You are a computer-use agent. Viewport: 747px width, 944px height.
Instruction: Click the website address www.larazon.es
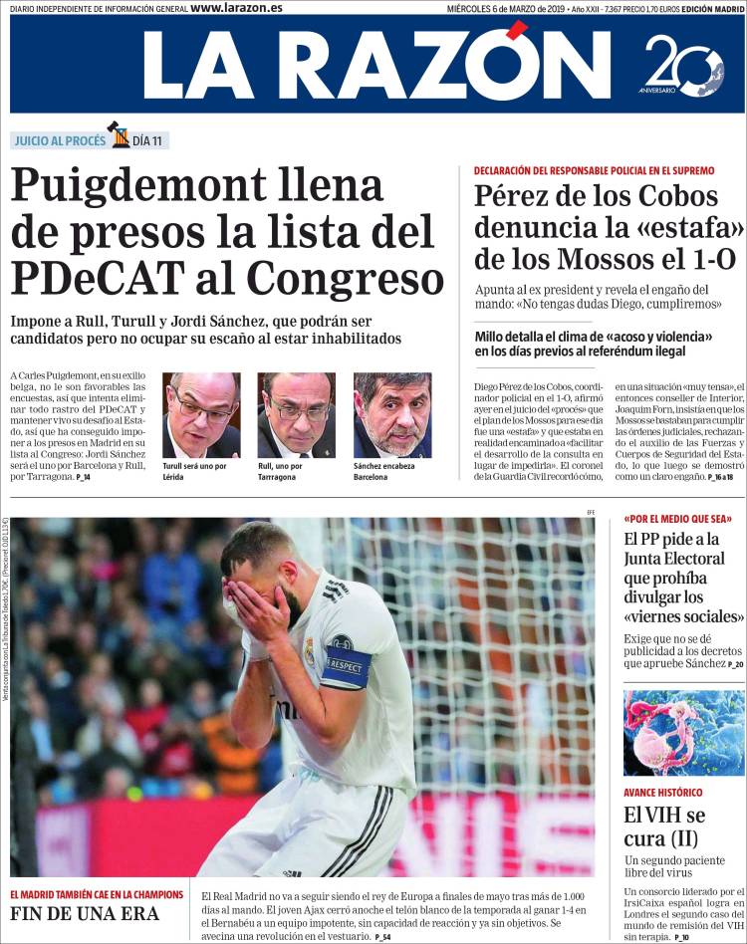point(236,8)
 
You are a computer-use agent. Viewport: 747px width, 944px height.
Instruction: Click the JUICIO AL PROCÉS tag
point(59,140)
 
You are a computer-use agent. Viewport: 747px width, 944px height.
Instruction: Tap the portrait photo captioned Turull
point(201,415)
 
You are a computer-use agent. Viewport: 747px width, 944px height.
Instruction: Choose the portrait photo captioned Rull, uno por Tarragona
point(296,415)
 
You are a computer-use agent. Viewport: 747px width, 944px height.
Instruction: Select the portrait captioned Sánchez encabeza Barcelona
point(392,415)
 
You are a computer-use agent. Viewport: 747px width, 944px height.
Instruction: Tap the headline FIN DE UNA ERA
point(85,914)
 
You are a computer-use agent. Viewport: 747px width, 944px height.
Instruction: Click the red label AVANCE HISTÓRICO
point(662,793)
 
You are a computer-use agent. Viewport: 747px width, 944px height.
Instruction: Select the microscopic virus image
point(683,733)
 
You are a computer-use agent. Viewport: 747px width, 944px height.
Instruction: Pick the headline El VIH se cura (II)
point(661,826)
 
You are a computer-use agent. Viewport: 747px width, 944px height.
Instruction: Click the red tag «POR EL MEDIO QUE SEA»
point(678,519)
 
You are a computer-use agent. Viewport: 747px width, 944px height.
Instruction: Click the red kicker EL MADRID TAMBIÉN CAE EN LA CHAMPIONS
point(98,893)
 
